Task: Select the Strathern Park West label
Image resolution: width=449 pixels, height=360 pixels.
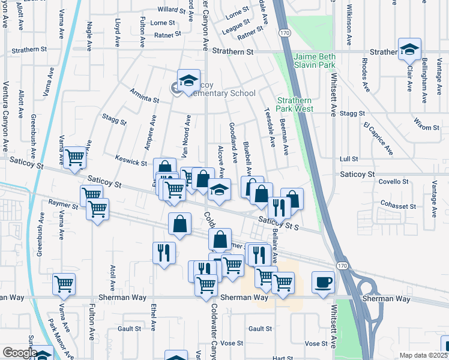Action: (x=295, y=105)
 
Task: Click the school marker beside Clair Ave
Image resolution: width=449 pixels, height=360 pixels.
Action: (x=409, y=49)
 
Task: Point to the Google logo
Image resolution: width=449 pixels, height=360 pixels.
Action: (x=19, y=353)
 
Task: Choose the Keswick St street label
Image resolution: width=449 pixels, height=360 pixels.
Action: (x=131, y=163)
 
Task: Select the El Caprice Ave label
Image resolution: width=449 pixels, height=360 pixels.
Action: (x=378, y=139)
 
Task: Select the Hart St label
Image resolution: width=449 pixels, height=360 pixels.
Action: (x=282, y=358)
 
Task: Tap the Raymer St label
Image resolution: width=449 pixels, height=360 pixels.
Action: (x=64, y=205)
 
